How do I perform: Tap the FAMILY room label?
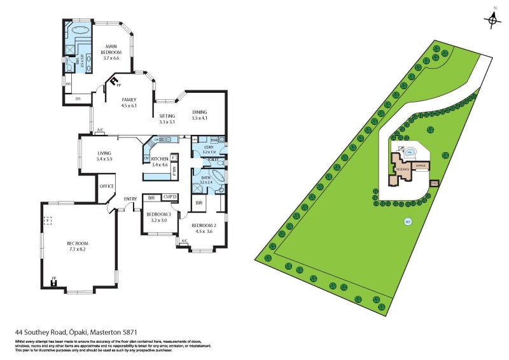129,100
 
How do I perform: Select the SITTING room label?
167,116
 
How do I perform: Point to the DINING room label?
200,113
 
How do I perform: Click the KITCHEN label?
159,158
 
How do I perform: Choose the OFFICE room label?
106,186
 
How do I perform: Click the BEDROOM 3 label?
156,214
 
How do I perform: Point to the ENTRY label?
130,199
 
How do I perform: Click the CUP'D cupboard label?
169,198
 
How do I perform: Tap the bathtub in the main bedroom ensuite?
81,30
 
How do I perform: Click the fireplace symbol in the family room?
115,81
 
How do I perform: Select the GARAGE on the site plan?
420,165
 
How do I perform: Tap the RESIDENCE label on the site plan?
402,169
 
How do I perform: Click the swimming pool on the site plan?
410,152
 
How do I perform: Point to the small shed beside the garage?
435,183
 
